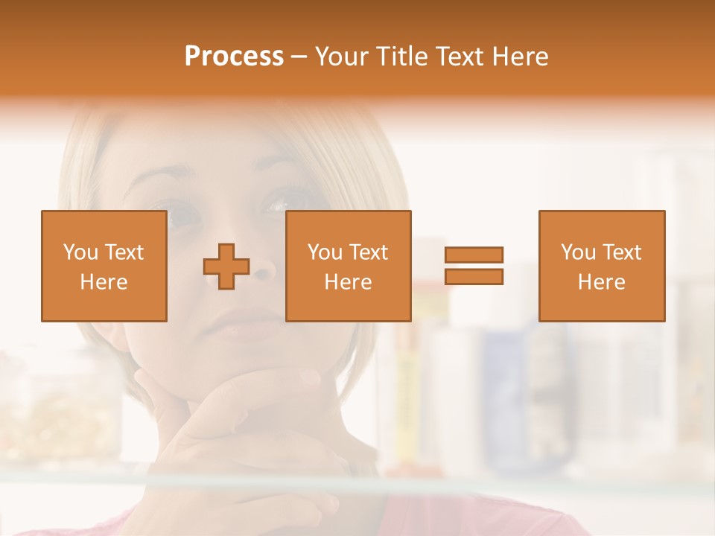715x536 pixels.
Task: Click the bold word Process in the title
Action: click(x=234, y=57)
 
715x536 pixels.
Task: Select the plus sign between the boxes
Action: click(x=226, y=267)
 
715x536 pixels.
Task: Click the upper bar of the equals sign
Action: click(x=474, y=255)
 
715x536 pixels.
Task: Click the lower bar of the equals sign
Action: click(x=474, y=277)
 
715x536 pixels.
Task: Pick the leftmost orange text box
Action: click(x=104, y=266)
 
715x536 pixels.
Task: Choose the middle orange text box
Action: click(x=348, y=266)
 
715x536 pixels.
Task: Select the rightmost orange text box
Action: click(x=601, y=266)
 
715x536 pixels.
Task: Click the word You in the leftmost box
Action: click(x=80, y=252)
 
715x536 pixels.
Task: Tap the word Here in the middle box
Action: click(x=348, y=281)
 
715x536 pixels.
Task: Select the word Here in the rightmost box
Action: click(x=601, y=281)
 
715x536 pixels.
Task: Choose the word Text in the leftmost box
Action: click(x=123, y=252)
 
